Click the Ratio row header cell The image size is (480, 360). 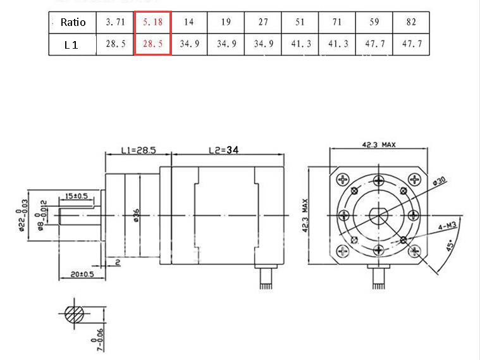pos(73,22)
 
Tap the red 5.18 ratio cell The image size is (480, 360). pos(152,22)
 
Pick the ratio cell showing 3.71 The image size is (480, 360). pos(115,22)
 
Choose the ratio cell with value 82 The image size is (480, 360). pos(412,22)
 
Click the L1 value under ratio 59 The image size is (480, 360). pos(374,45)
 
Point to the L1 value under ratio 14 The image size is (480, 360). pos(189,45)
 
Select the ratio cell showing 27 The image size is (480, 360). pos(263,22)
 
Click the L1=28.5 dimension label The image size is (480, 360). pos(138,151)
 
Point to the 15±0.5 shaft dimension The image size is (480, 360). pos(75,196)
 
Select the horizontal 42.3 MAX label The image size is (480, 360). pos(378,145)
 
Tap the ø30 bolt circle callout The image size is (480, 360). pos(440,182)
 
